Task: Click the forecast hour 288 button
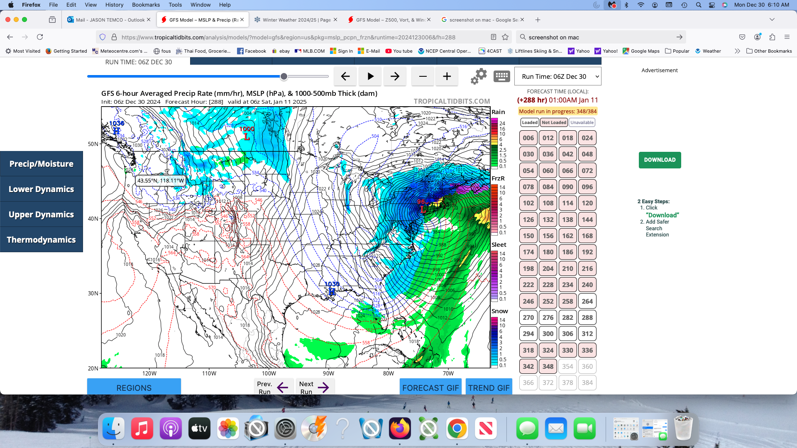point(587,318)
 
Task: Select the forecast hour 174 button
point(528,252)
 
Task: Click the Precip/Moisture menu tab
point(42,164)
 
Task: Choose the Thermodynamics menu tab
point(42,240)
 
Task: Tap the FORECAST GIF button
point(430,388)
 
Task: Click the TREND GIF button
point(489,388)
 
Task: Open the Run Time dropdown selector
point(557,76)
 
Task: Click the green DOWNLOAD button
point(660,160)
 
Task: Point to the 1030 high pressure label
point(332,285)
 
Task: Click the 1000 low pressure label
point(247,129)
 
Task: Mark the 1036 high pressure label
point(117,123)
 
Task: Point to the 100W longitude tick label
point(269,373)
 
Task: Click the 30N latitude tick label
point(93,293)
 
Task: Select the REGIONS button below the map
point(134,388)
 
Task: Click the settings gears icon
point(479,76)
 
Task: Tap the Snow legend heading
point(499,311)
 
